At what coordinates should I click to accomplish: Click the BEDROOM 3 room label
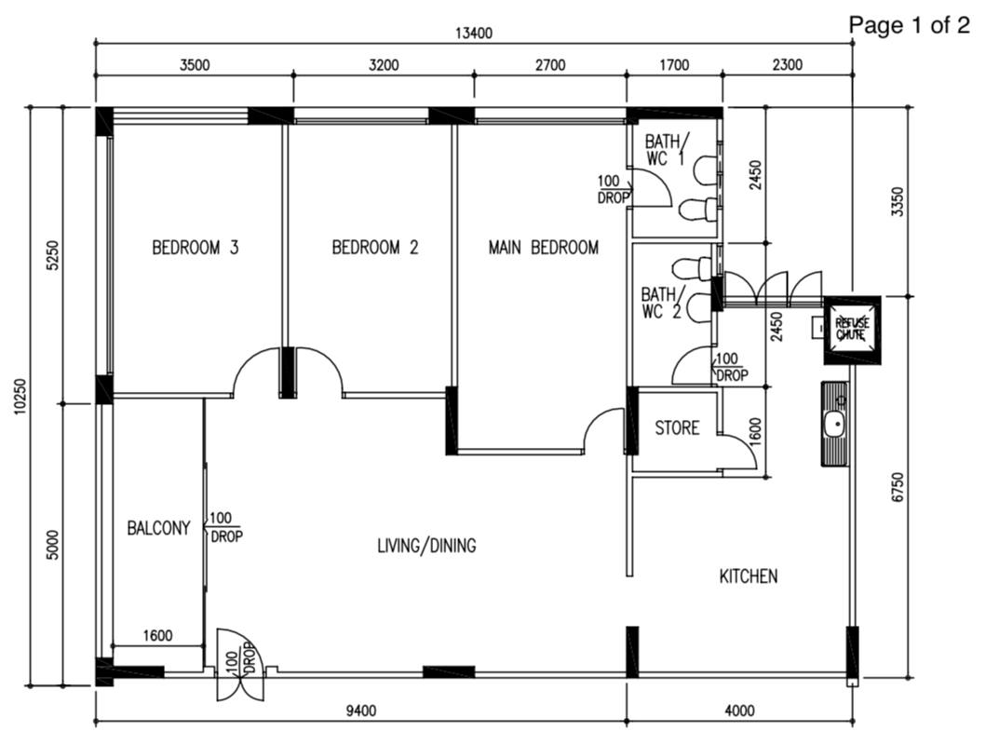click(x=196, y=248)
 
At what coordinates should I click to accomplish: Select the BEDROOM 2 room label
click(x=374, y=248)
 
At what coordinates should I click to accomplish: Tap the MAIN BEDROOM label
click(x=543, y=248)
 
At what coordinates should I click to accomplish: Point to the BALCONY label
click(x=158, y=528)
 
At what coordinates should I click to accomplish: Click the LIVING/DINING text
click(x=425, y=546)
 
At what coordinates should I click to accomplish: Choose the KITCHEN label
click(x=748, y=576)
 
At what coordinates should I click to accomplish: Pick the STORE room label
click(x=677, y=428)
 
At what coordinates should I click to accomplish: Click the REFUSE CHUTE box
click(x=852, y=329)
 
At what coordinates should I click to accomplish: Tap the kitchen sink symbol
click(x=835, y=424)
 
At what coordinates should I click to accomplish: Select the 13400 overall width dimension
click(x=473, y=34)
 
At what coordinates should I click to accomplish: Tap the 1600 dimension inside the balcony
click(x=157, y=636)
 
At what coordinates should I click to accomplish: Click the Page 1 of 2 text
click(x=909, y=25)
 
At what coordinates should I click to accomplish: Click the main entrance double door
click(x=240, y=665)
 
